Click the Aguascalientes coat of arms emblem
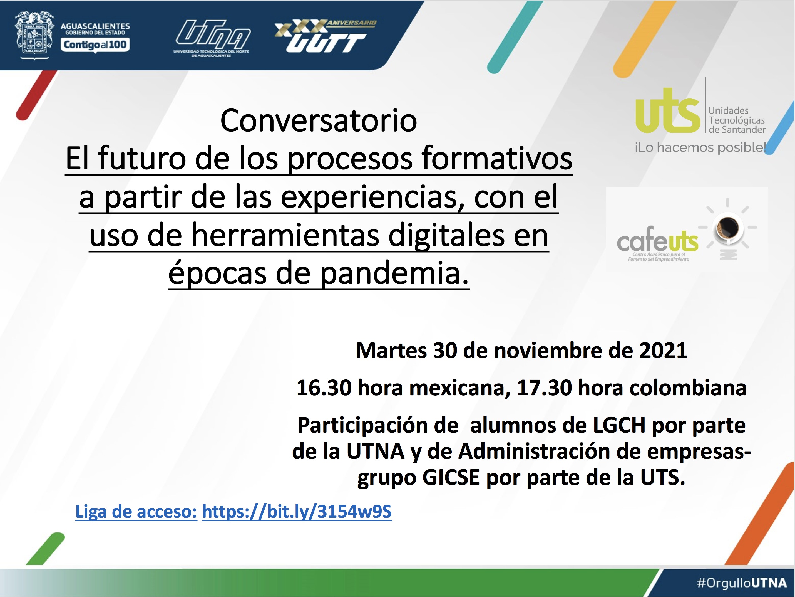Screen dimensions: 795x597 pos(34,35)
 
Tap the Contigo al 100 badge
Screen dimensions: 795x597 pos(95,45)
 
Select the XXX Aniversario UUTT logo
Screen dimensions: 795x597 pos(325,36)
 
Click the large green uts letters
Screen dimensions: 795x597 pos(667,110)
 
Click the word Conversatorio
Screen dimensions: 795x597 pos(319,120)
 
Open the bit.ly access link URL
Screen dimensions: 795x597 pos(297,511)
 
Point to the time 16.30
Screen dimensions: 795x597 pos(324,388)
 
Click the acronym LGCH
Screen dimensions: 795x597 pos(619,425)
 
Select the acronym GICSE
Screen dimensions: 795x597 pos(451,478)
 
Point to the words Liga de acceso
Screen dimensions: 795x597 pos(136,511)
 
